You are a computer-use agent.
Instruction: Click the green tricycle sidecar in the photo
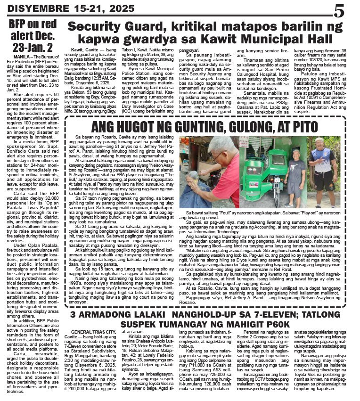click(264, 181)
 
